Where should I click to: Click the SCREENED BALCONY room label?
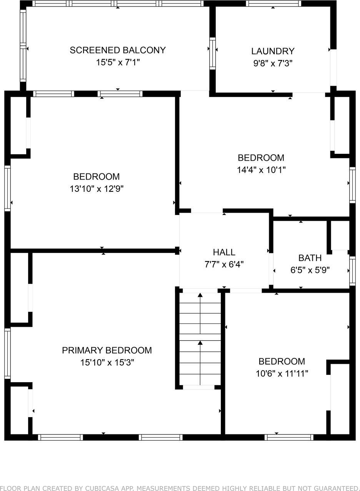click(x=118, y=50)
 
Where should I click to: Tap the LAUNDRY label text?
click(x=273, y=51)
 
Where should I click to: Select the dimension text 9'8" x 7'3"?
click(x=273, y=63)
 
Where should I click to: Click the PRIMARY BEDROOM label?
click(x=107, y=350)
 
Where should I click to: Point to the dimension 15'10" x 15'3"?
click(x=107, y=363)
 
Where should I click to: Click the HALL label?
click(x=224, y=252)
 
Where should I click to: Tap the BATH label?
click(x=310, y=258)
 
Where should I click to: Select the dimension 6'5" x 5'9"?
click(x=310, y=270)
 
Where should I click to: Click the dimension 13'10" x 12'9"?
click(x=97, y=189)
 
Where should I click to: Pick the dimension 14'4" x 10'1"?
click(x=261, y=170)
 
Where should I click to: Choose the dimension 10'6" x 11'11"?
click(x=282, y=373)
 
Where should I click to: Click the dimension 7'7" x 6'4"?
click(x=224, y=265)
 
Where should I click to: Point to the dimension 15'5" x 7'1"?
click(x=118, y=62)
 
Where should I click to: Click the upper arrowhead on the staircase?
click(x=200, y=295)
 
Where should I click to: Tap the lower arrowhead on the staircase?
click(x=200, y=343)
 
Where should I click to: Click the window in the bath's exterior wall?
click(x=352, y=271)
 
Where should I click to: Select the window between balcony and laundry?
click(x=212, y=53)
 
